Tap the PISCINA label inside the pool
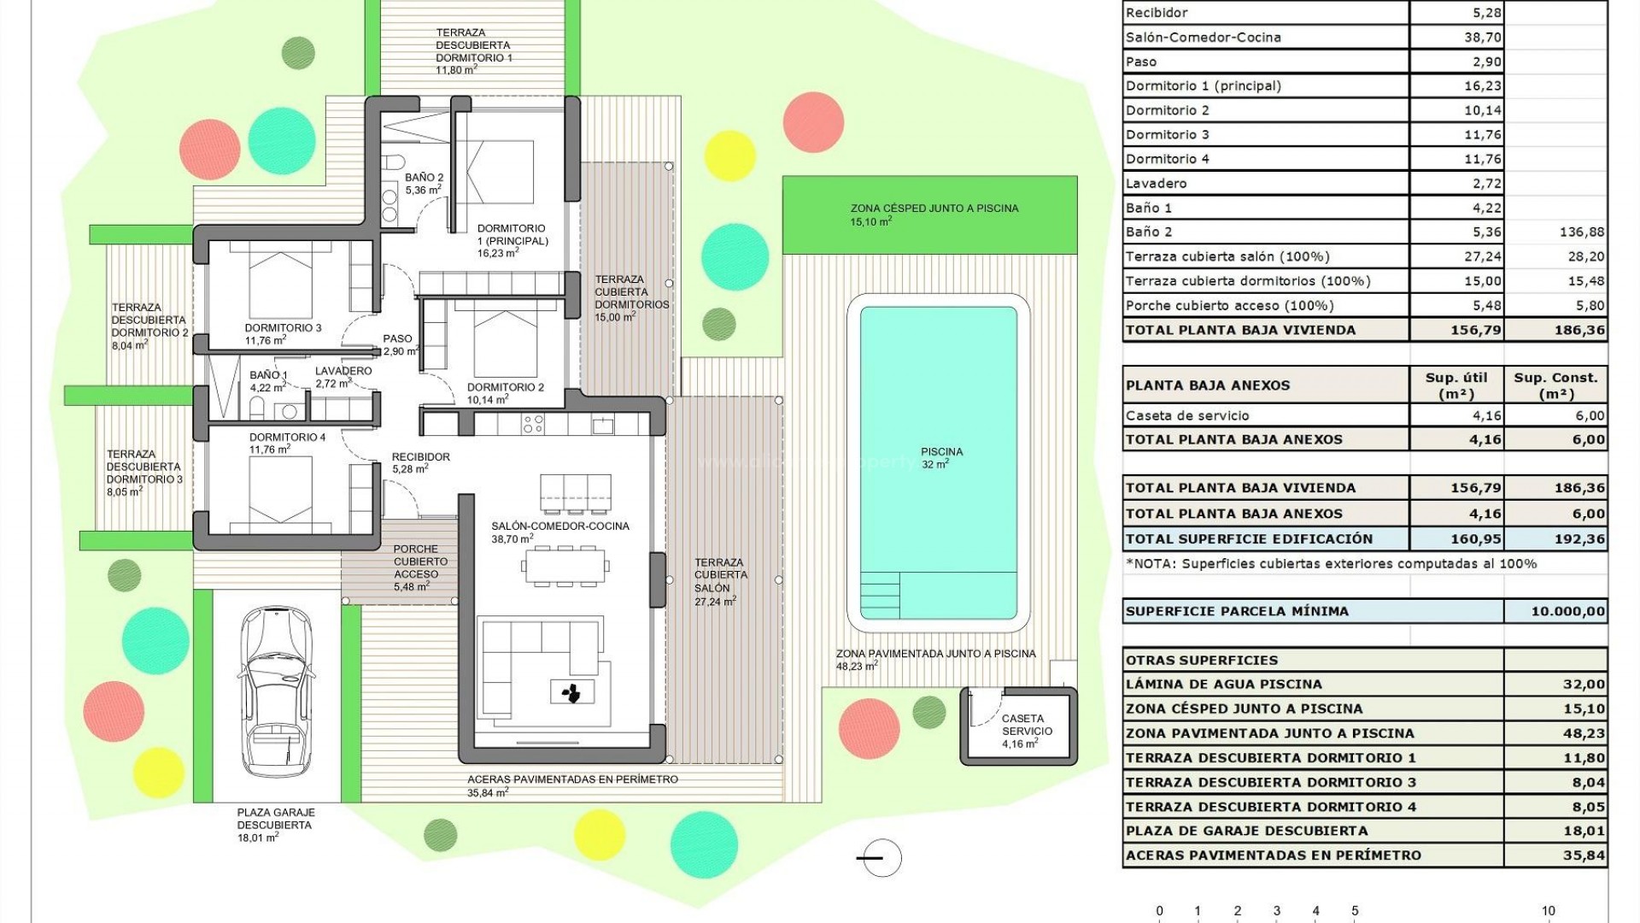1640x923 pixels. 941,452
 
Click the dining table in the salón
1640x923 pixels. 566,567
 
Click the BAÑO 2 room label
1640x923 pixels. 424,178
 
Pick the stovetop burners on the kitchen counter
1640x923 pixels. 533,424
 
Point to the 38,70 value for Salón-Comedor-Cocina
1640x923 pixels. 1483,38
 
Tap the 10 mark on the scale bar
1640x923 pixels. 1548,911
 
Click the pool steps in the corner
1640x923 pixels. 880,595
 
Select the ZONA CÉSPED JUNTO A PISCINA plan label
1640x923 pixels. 934,209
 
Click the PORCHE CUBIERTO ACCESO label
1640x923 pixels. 416,562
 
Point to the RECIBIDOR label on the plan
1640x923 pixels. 420,457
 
